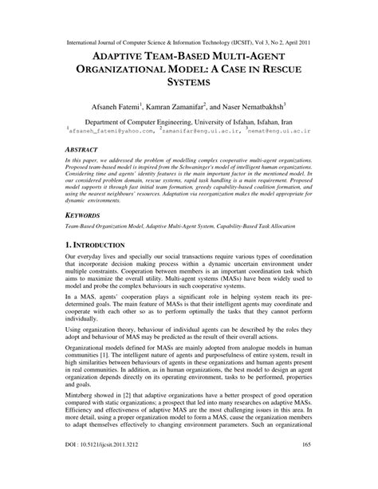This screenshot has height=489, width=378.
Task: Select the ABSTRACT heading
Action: click(x=85, y=149)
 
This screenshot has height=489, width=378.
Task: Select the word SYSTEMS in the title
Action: click(x=188, y=80)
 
